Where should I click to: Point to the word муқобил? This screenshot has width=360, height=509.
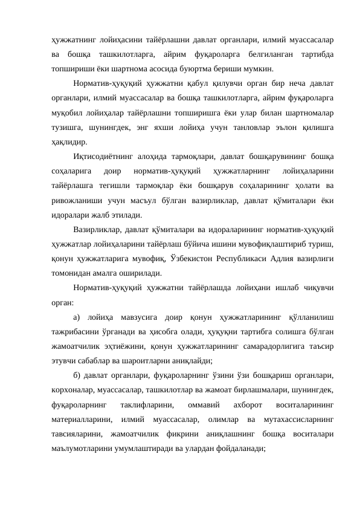(68, 112)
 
